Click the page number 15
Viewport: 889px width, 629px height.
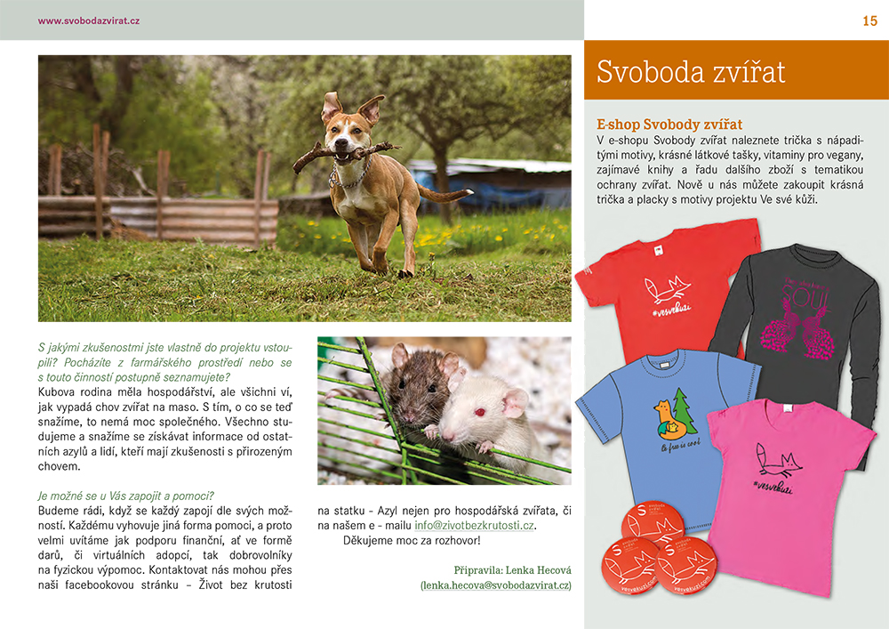click(x=869, y=20)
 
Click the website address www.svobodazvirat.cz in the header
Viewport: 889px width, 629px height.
click(x=89, y=20)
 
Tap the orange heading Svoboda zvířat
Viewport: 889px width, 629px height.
click(x=691, y=72)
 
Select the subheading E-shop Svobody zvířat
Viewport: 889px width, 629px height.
click(x=669, y=125)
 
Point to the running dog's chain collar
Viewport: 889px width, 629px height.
click(x=348, y=177)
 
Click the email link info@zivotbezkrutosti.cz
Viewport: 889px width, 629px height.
click(x=475, y=526)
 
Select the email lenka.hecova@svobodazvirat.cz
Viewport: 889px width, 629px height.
click(x=496, y=585)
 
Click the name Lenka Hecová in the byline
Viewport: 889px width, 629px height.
click(x=536, y=569)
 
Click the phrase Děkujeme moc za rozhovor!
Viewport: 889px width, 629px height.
click(x=412, y=540)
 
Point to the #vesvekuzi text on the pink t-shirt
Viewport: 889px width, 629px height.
click(x=773, y=487)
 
